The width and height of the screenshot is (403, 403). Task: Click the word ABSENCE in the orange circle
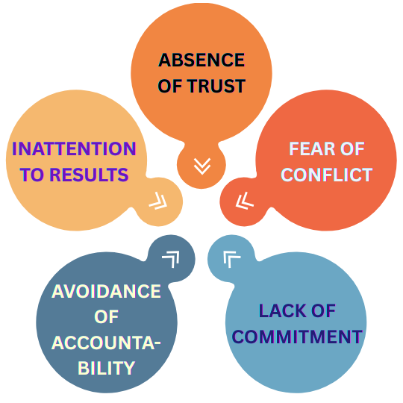tap(201, 60)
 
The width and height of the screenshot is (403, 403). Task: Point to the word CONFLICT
tap(327, 175)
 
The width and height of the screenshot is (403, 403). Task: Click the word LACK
tap(282, 310)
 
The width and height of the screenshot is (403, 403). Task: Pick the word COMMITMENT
tap(297, 337)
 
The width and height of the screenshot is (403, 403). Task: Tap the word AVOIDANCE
tap(106, 291)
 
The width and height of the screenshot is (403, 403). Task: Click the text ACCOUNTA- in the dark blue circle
tap(106, 343)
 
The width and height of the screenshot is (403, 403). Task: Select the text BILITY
tap(106, 368)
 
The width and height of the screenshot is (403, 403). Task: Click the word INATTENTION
tap(74, 149)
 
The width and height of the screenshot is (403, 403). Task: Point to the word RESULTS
tap(89, 175)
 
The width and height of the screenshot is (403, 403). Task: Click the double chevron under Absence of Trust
tap(202, 166)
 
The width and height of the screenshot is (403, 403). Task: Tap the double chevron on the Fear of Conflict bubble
tap(244, 201)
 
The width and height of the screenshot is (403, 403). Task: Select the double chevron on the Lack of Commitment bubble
tap(231, 259)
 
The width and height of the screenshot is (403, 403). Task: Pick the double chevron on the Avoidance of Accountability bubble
tap(171, 259)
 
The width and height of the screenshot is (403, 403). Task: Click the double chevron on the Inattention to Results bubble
tap(158, 201)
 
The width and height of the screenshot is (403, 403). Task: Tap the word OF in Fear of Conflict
tap(352, 149)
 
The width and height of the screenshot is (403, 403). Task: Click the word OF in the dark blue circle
tap(106, 316)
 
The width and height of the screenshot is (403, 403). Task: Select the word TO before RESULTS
tap(33, 175)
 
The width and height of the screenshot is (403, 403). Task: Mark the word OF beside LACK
tap(323, 310)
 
